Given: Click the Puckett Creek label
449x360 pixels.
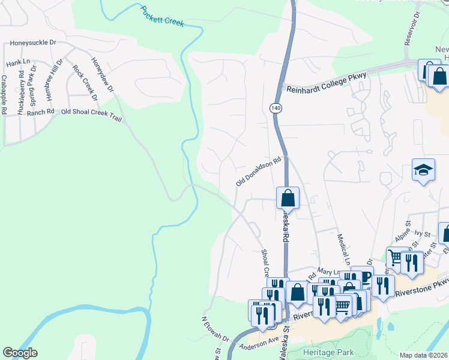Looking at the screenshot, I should (x=162, y=17).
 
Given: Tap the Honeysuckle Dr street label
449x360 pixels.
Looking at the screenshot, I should (x=32, y=43).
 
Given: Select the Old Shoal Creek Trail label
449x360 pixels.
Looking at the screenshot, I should (x=91, y=115).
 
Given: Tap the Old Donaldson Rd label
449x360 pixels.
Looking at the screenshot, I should (x=259, y=172).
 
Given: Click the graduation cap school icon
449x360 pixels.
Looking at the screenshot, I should (x=423, y=170).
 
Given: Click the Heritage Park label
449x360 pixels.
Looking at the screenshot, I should (x=328, y=352).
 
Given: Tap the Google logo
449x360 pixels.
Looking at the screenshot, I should (x=20, y=353).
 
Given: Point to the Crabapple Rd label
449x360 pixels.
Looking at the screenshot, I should (x=4, y=94).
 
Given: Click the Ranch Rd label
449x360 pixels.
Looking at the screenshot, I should (x=40, y=112).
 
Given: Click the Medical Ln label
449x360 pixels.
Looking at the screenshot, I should (x=343, y=250).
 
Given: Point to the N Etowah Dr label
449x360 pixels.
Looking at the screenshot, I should (x=215, y=329).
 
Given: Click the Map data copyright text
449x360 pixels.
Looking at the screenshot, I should (x=424, y=355).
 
